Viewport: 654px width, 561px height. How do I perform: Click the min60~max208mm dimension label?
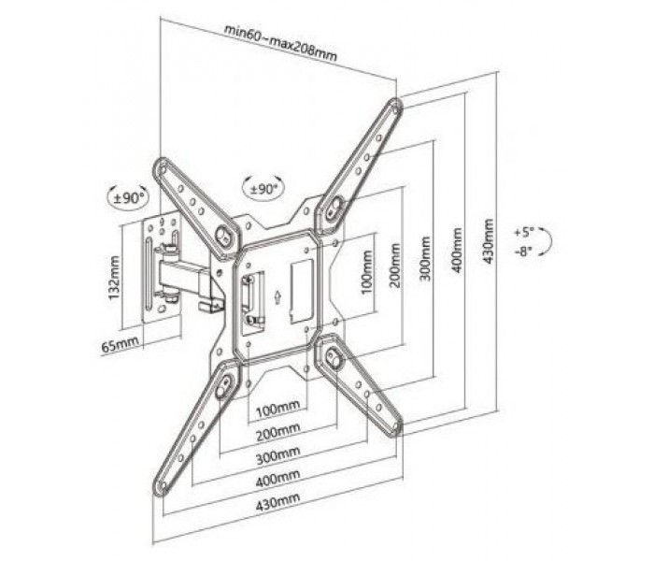pos(280,43)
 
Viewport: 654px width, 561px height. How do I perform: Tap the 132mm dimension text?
pos(114,278)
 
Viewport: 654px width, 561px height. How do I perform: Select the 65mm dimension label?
pos(121,345)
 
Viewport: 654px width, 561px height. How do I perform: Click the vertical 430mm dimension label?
pos(488,241)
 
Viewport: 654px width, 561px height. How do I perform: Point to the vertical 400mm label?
pos(457,250)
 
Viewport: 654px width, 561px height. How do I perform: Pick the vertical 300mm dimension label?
pos(424,259)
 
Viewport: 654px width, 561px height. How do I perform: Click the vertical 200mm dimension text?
pos(394,266)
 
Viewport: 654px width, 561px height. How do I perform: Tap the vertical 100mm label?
pos(366,272)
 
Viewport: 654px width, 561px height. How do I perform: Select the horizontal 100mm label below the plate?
pos(277,410)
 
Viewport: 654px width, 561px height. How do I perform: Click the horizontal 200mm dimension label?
pos(277,432)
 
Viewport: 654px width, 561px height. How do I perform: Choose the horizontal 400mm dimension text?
pos(277,479)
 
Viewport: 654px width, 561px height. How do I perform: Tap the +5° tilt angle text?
pos(524,232)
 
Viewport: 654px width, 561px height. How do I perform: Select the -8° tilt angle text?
pos(524,252)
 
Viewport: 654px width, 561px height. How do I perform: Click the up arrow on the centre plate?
pos(277,297)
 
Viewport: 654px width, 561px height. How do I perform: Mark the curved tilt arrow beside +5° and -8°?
pos(550,241)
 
